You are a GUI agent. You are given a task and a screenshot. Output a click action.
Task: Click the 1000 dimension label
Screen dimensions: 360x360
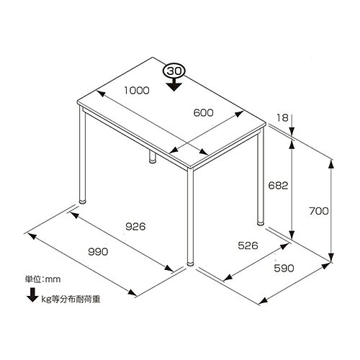click(x=137, y=91)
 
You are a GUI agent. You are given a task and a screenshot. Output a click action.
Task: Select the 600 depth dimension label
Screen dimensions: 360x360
click(x=203, y=112)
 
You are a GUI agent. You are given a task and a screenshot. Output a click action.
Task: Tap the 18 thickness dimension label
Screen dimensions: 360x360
click(x=282, y=118)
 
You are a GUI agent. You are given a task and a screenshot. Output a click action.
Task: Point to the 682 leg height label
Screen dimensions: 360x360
click(x=278, y=185)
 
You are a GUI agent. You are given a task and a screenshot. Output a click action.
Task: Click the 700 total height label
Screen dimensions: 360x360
click(x=319, y=211)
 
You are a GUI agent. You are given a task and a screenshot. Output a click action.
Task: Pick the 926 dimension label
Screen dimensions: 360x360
click(x=135, y=226)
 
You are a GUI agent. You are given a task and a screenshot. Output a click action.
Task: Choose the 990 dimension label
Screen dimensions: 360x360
click(x=98, y=251)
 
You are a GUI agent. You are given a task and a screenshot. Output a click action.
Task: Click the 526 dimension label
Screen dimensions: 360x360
click(x=248, y=246)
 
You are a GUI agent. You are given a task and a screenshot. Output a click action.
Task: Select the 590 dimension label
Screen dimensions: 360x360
click(x=284, y=268)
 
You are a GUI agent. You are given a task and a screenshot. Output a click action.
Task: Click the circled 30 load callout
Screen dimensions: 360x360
click(x=174, y=71)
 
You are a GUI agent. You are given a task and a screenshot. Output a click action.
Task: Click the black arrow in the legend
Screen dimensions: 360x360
click(x=32, y=294)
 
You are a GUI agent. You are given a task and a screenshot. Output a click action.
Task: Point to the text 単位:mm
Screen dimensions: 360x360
click(x=43, y=279)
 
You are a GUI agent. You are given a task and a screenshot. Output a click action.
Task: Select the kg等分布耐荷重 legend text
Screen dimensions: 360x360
click(x=71, y=299)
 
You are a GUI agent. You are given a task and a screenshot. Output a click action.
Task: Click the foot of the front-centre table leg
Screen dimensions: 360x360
click(x=190, y=264)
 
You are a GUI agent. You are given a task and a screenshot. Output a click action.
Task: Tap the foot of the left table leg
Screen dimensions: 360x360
click(x=82, y=202)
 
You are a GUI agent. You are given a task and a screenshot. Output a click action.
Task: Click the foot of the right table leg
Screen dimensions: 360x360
click(x=260, y=222)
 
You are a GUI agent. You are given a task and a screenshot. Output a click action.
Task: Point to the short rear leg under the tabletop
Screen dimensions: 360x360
click(x=152, y=157)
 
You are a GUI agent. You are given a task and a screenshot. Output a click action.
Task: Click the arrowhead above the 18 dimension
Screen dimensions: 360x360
click(x=292, y=131)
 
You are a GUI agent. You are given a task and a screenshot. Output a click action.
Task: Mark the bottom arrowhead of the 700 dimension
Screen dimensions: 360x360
click(x=331, y=258)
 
